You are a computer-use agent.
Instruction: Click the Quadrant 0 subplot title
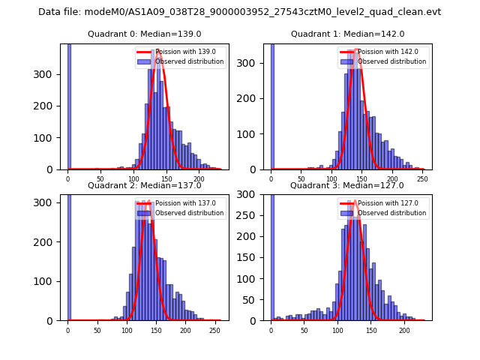pyautogui.click(x=144, y=34)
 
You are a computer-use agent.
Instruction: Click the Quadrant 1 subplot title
pyautogui.click(x=347, y=34)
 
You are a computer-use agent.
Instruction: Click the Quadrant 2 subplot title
pyautogui.click(x=144, y=186)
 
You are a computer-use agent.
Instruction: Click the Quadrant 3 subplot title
pyautogui.click(x=347, y=186)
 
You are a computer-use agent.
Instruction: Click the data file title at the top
pyautogui.click(x=239, y=12)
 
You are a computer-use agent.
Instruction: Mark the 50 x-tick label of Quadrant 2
pyautogui.click(x=97, y=330)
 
